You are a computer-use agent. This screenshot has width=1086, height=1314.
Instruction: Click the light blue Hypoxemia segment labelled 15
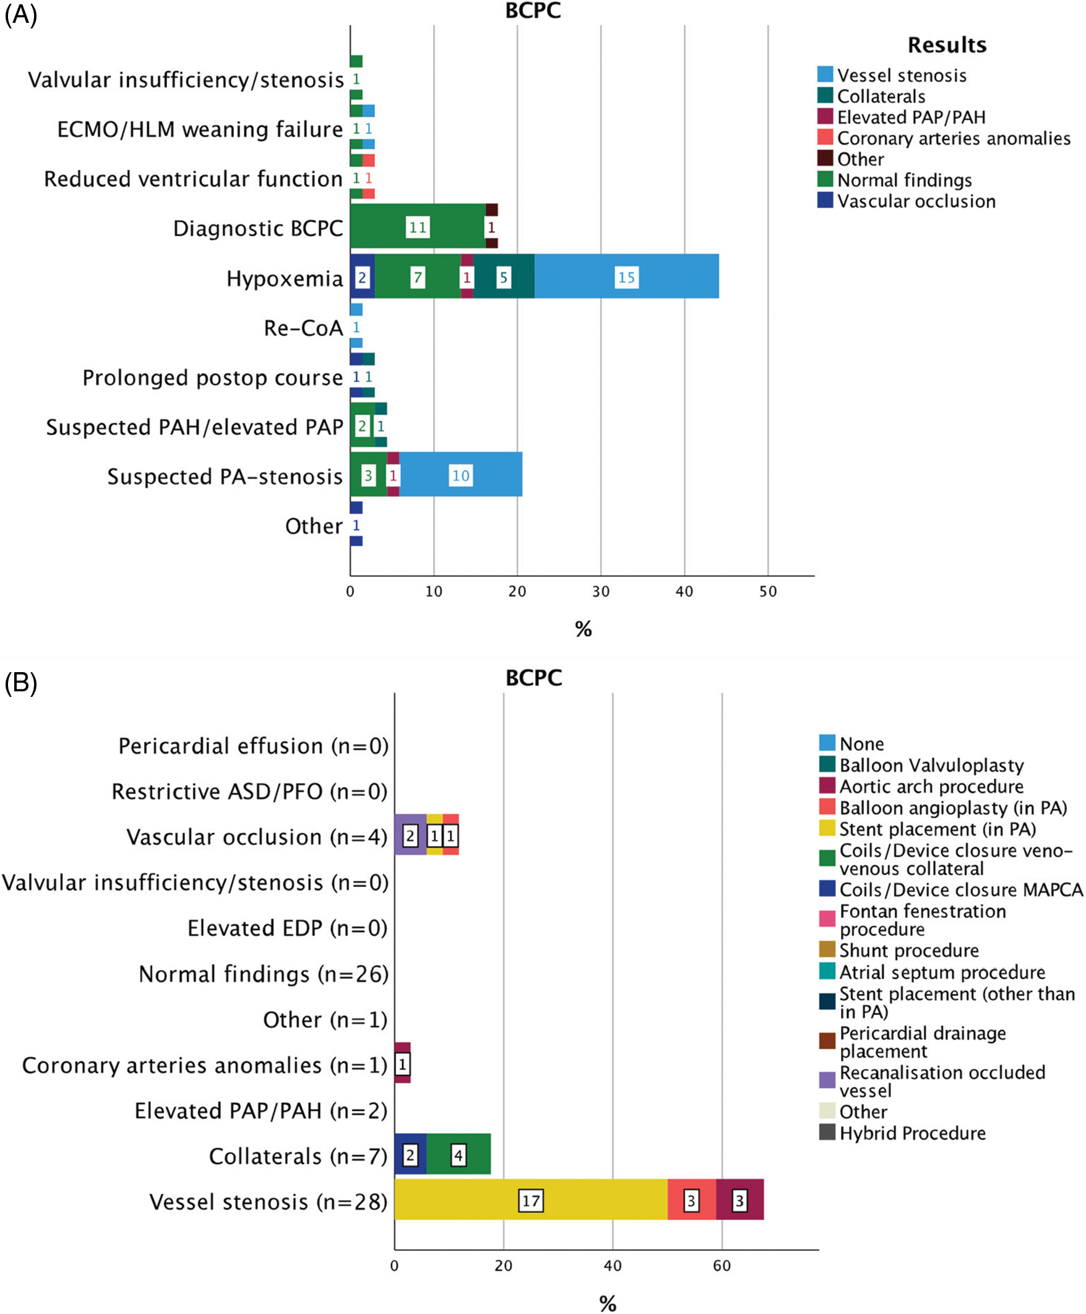point(626,277)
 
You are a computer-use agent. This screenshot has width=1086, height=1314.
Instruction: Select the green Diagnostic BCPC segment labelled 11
point(417,227)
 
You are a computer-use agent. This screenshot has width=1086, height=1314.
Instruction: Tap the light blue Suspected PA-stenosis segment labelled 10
point(460,475)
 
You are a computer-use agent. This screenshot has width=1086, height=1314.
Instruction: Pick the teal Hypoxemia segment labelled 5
point(504,277)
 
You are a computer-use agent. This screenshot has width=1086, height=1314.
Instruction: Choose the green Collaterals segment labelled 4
point(459,1154)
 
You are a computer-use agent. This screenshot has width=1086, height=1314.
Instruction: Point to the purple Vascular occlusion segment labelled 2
point(410,836)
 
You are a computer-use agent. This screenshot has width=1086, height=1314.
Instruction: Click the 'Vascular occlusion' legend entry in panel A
point(916,202)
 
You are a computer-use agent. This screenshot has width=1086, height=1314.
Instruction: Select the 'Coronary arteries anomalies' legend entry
point(954,138)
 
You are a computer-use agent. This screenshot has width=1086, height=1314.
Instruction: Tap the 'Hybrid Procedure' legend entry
point(912,1133)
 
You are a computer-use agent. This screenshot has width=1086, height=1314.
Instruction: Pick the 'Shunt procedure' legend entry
point(908,951)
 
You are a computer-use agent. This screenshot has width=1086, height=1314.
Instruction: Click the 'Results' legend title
point(947,45)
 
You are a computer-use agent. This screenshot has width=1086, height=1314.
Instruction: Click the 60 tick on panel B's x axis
point(722,1266)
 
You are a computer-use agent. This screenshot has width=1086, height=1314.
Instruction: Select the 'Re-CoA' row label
point(303,328)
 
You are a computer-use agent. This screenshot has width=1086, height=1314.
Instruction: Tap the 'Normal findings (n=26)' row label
point(264,974)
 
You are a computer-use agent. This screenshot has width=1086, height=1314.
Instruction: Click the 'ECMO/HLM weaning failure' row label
point(200,129)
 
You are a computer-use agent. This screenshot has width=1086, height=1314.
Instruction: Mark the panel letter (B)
point(20,682)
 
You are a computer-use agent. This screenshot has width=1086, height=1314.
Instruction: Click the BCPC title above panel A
point(533,11)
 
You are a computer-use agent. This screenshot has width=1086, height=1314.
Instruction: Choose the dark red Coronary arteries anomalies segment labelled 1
point(402,1063)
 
